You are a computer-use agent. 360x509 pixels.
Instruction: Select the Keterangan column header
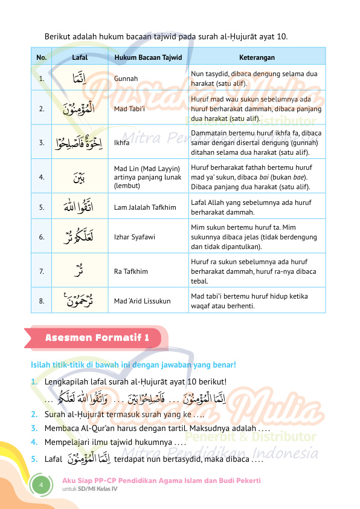point(257,57)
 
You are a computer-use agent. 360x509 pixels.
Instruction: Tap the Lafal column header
point(80,57)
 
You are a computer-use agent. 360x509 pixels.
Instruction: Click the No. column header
point(41,57)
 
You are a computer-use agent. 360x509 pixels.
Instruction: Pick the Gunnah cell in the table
point(126,79)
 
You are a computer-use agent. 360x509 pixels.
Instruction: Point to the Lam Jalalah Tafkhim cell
point(145,207)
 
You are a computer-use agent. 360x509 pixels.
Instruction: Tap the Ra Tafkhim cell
point(130,271)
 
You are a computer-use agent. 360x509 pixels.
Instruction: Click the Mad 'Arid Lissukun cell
point(142,300)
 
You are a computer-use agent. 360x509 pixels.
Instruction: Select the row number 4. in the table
point(41,177)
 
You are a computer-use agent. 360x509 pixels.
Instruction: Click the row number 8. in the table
point(41,300)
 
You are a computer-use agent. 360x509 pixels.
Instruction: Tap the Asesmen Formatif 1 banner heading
point(97,337)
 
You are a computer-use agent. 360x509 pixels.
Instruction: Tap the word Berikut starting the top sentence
point(58,37)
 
